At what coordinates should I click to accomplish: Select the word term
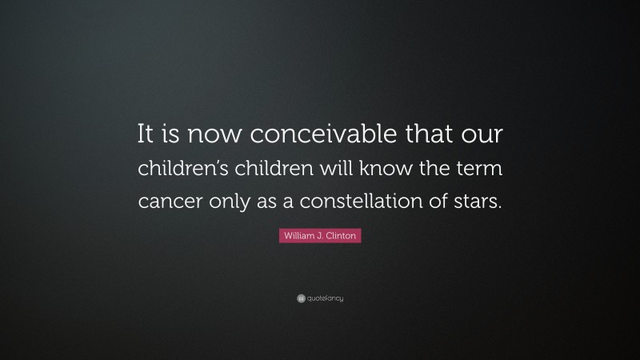[x=478, y=169]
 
